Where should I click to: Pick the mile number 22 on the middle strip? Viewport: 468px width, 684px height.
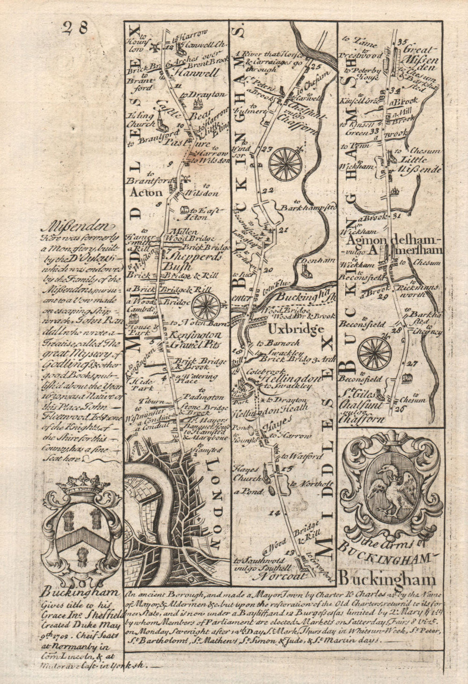click(x=268, y=190)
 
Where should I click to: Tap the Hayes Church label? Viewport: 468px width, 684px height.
click(x=247, y=471)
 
